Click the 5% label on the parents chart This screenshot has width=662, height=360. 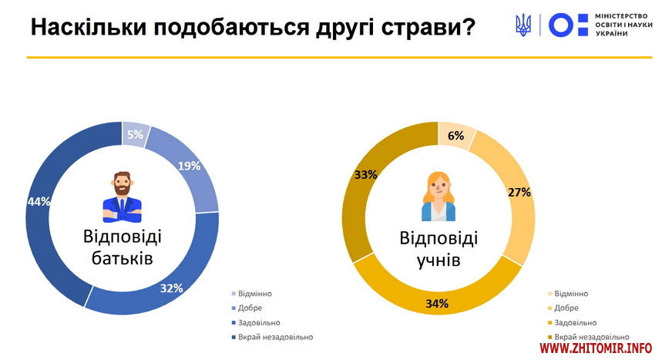pyautogui.click(x=135, y=135)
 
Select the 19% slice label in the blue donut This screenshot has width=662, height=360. pyautogui.click(x=190, y=165)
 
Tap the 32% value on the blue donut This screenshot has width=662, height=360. pyautogui.click(x=171, y=288)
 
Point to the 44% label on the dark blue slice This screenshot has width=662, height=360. pyautogui.click(x=39, y=201)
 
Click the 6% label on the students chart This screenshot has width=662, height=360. pyautogui.click(x=455, y=136)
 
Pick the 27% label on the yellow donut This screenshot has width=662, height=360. pyautogui.click(x=519, y=192)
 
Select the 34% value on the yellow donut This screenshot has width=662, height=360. pyautogui.click(x=437, y=303)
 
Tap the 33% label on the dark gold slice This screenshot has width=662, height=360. pyautogui.click(x=365, y=174)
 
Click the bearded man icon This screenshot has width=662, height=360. pyautogui.click(x=123, y=197)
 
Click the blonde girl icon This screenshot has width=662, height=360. pyautogui.click(x=438, y=197)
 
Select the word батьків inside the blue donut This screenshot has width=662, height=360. pyautogui.click(x=122, y=257)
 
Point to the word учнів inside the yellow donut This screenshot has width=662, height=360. pyautogui.click(x=438, y=261)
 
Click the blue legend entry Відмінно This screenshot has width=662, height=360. pyautogui.click(x=254, y=294)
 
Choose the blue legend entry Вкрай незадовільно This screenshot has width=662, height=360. pyautogui.click(x=275, y=337)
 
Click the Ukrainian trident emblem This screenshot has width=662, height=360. pyautogui.click(x=523, y=25)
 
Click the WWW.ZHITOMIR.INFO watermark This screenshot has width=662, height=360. pyautogui.click(x=596, y=349)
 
